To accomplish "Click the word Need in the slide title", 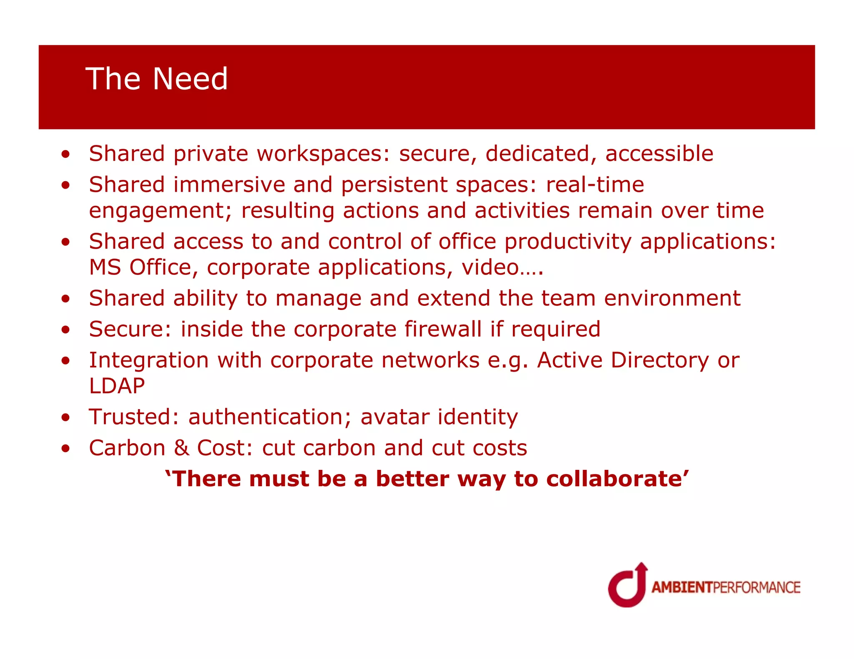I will pos(190,79).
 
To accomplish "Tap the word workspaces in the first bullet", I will pos(323,154).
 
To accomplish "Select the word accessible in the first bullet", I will pos(659,154).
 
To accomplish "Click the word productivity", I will pos(568,242).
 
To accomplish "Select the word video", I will pos(490,267).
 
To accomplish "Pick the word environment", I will pos(672,299).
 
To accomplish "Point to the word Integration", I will pos(149,360).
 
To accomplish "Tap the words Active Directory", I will pos(623,360).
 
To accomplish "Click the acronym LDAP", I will pos(117,386).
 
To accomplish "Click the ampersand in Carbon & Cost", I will pos(181,448).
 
